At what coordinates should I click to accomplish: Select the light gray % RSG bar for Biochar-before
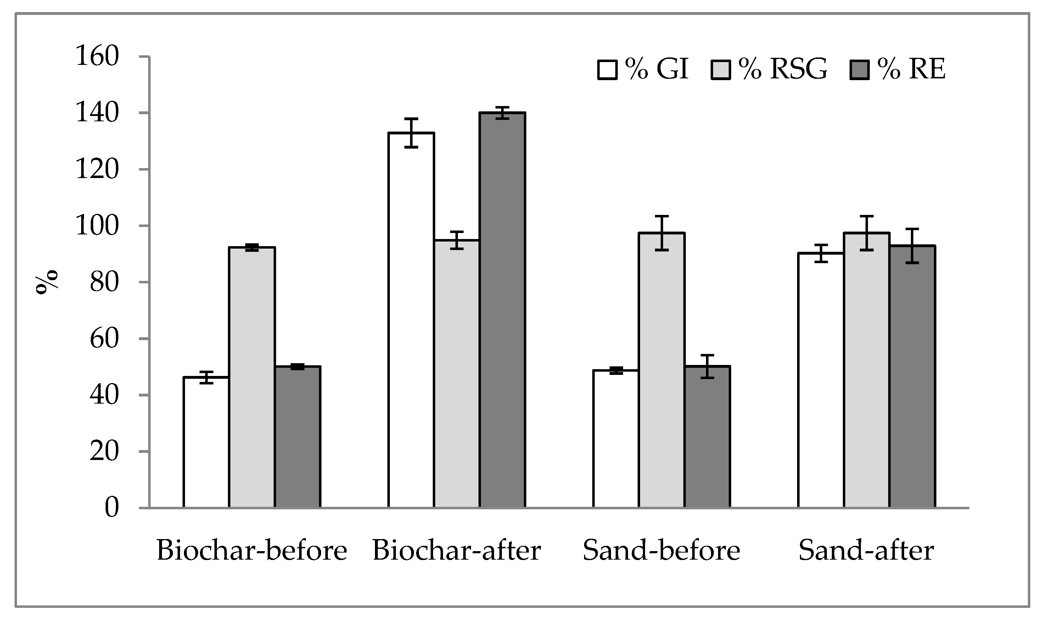click(252, 377)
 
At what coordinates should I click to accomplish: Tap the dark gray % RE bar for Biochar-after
click(502, 310)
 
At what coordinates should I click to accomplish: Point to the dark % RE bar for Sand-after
click(912, 376)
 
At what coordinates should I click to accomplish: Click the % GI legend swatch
click(607, 70)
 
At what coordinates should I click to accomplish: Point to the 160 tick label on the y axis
click(97, 56)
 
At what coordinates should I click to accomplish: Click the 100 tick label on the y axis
click(97, 226)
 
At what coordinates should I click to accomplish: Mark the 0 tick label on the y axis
click(111, 508)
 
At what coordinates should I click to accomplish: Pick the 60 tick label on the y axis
click(104, 339)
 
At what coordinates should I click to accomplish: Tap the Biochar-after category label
click(456, 551)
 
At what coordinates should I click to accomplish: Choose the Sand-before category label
click(661, 551)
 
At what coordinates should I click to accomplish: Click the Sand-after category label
click(866, 551)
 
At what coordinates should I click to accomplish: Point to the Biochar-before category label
click(252, 551)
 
